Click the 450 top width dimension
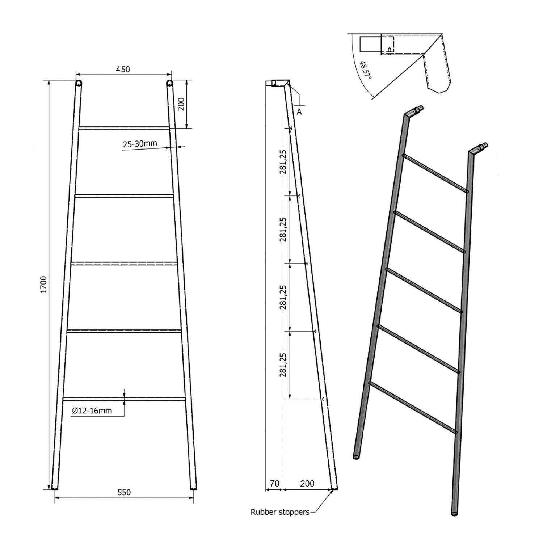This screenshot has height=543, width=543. (123, 69)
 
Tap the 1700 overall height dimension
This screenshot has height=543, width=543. (44, 285)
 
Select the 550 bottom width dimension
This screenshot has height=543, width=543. (124, 492)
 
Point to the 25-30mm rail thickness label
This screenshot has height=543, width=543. (140, 144)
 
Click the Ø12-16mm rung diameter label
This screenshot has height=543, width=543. (92, 411)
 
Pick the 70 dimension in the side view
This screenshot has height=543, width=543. (274, 483)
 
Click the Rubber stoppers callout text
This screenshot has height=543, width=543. (280, 512)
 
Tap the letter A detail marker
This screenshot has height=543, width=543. (299, 112)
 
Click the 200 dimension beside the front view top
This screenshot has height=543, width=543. (181, 104)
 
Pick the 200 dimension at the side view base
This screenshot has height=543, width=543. (307, 483)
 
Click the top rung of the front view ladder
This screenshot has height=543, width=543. (124, 128)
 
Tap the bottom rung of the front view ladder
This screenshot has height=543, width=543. (124, 399)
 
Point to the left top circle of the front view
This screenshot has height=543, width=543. (79, 84)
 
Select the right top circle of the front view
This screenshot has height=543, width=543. (169, 84)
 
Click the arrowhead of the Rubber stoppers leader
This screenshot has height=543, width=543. (331, 491)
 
